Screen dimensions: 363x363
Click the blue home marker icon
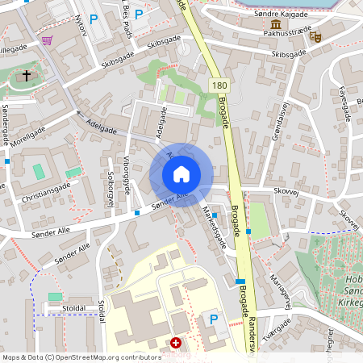point(181,174)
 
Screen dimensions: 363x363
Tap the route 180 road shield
point(219,85)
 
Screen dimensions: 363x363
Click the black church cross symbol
point(27,77)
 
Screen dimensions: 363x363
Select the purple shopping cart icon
point(48,40)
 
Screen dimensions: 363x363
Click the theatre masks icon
point(315,36)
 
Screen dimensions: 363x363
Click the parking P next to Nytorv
point(94,19)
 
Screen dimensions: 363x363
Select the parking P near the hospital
point(214,320)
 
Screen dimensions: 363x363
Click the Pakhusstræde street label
point(286,36)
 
